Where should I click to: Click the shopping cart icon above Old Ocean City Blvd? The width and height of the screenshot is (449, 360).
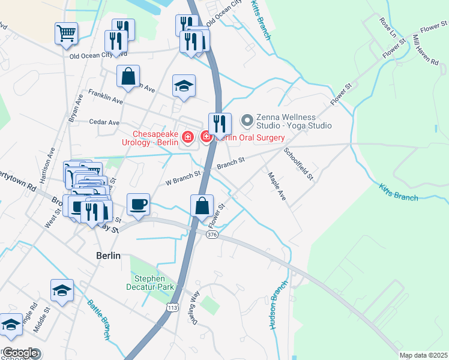click(66, 33)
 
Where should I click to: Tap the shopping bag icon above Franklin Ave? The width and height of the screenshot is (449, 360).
click(128, 77)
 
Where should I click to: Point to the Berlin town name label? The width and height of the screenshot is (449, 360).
click(109, 255)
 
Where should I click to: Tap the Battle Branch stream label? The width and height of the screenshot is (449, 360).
click(99, 320)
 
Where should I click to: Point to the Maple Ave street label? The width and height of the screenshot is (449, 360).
click(277, 187)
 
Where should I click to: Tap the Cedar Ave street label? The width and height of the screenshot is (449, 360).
click(104, 122)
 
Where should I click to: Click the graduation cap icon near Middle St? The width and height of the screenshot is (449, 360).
click(62, 290)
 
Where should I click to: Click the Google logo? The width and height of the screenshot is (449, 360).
click(19, 353)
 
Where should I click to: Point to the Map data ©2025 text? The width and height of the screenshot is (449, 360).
click(423, 355)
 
